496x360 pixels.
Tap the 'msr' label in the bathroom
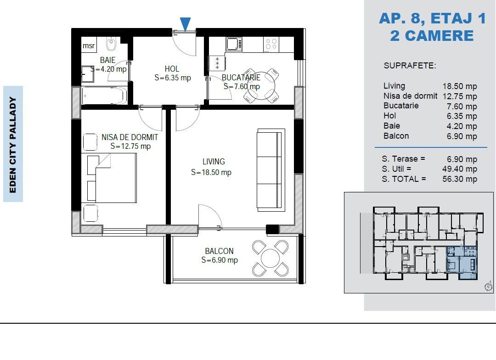click(x=89, y=46)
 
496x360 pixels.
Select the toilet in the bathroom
click(x=111, y=45)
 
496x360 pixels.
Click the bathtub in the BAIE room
click(x=104, y=96)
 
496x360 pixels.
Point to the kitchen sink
click(x=234, y=45)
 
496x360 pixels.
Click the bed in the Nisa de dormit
click(x=112, y=178)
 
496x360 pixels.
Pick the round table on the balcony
click(x=271, y=258)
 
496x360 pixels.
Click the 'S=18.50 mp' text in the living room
click(x=211, y=173)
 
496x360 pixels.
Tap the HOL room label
click(x=172, y=69)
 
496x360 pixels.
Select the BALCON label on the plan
click(x=219, y=251)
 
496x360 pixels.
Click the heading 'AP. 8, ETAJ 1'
click(x=432, y=18)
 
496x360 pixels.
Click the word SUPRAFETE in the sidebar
click(x=409, y=66)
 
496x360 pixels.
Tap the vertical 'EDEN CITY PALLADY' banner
click(x=13, y=144)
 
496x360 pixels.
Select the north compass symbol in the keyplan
click(x=488, y=287)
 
